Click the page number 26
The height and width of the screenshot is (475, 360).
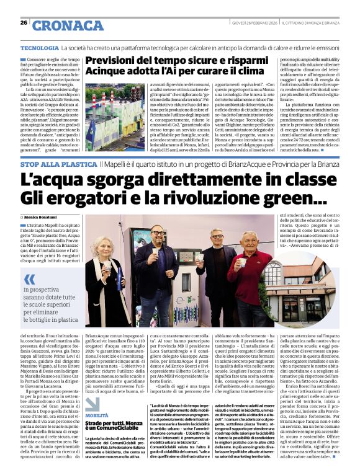[x=23, y=23]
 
